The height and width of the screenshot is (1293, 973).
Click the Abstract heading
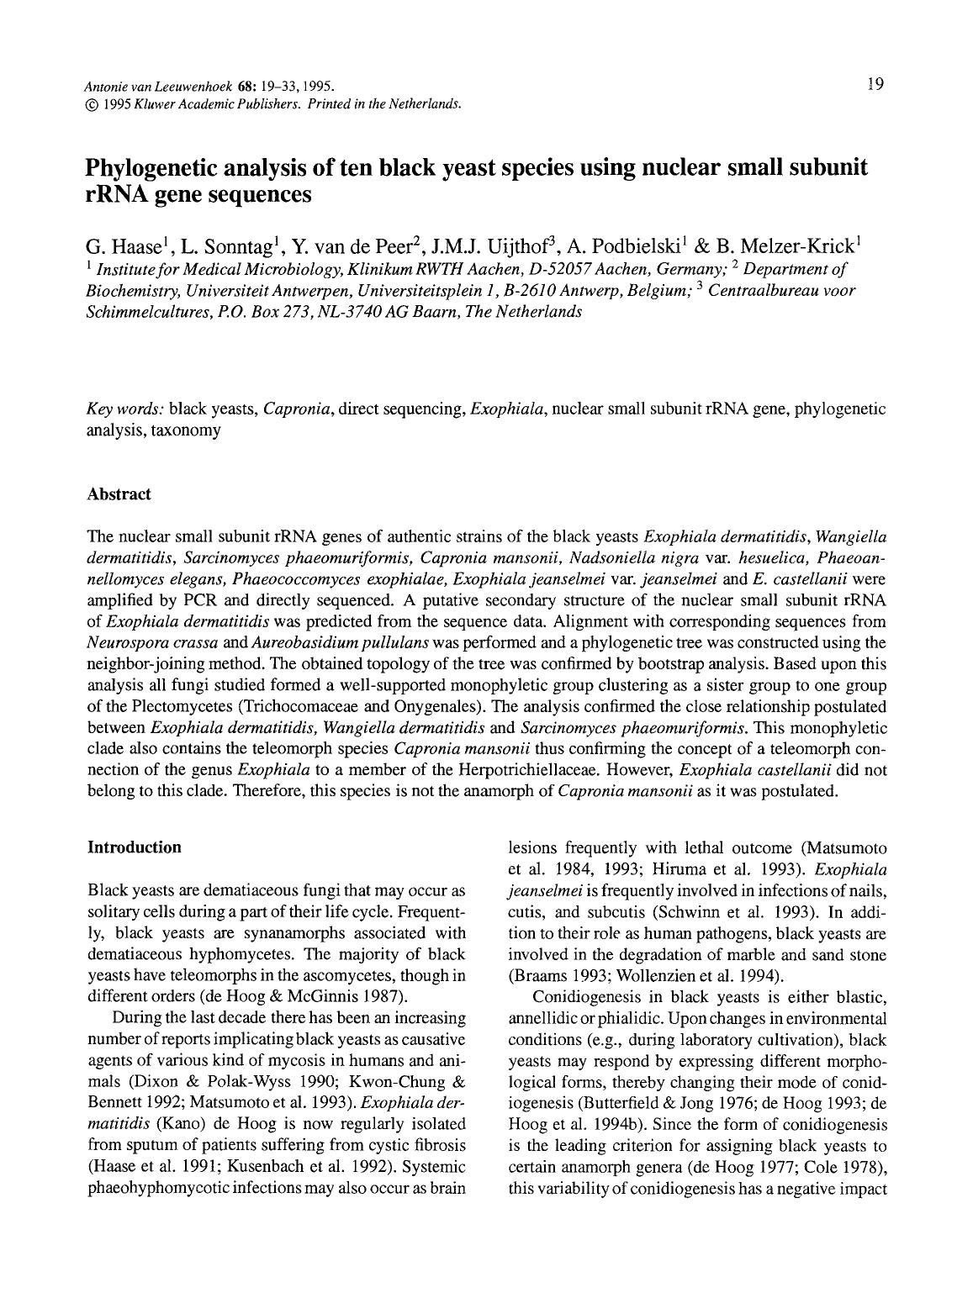[x=119, y=494]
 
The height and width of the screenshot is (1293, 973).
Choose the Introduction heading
[x=134, y=847]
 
